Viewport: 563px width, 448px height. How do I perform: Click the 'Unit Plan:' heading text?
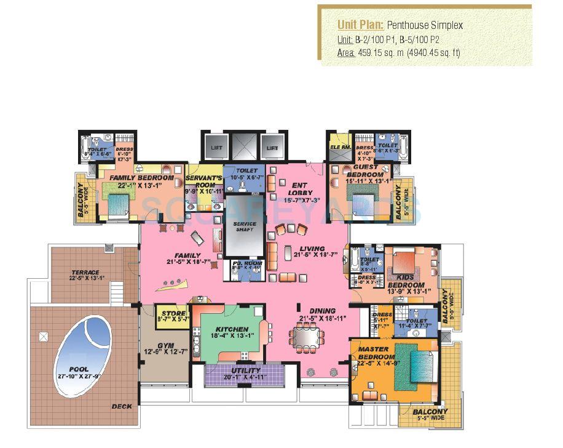(x=361, y=25)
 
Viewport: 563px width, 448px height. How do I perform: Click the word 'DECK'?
(x=121, y=407)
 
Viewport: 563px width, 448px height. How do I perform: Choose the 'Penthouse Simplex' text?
(x=425, y=25)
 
